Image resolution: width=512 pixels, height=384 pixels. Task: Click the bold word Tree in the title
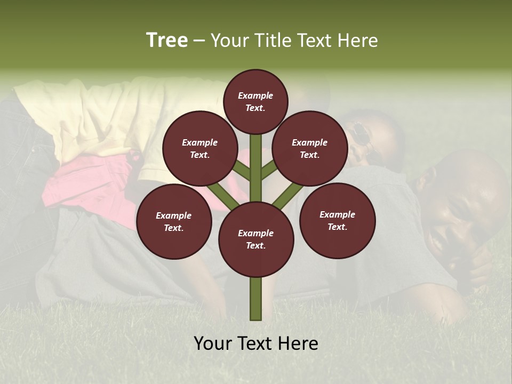tap(167, 41)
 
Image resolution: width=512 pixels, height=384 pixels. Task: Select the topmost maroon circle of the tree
tap(255, 101)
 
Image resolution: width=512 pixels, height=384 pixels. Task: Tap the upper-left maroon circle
tap(200, 148)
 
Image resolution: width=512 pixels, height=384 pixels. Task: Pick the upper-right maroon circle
tap(310, 148)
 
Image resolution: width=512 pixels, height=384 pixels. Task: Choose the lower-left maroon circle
tap(174, 221)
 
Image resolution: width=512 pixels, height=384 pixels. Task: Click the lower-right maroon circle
tap(337, 220)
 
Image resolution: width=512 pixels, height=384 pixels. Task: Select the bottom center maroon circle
tap(255, 239)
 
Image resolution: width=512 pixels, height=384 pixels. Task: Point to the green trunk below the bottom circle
tap(255, 299)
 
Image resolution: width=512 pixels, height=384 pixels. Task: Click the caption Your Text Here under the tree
tap(255, 343)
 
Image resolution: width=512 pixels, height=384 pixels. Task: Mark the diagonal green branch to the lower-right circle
tap(287, 196)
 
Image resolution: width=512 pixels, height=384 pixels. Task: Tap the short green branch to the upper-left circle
tap(241, 170)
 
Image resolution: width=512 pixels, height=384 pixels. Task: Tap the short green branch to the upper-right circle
tap(269, 169)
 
